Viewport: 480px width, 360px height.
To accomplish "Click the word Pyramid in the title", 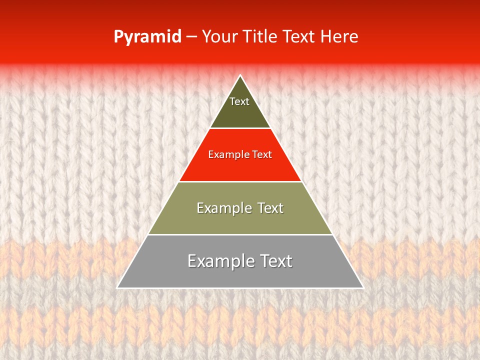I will point(147,37).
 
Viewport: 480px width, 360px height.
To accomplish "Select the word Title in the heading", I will point(262,36).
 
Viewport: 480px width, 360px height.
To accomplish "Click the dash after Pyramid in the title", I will point(191,37).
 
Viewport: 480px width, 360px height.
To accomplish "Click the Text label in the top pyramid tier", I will point(239,101).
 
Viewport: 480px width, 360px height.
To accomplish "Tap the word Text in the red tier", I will point(262,155).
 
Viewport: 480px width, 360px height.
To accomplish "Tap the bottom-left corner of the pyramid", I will point(117,287).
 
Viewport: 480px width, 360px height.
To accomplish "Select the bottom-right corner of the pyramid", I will point(363,287).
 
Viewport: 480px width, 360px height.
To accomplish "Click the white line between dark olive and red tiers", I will point(240,128).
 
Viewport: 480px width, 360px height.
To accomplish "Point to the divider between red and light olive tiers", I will point(240,181).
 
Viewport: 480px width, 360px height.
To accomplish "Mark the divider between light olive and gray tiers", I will point(240,234).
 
